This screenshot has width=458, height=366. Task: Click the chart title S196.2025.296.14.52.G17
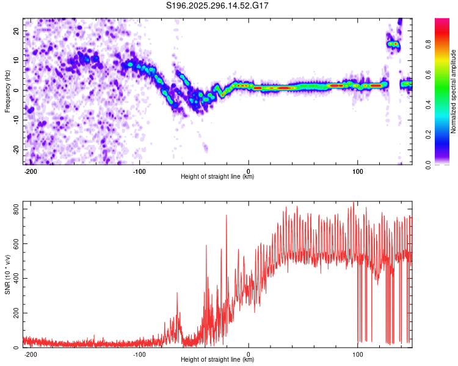click(218, 5)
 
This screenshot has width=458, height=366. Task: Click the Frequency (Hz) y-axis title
click(7, 91)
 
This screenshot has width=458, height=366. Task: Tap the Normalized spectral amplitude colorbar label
click(454, 91)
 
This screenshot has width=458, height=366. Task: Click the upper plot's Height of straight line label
click(217, 177)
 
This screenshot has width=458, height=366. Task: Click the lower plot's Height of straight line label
click(217, 360)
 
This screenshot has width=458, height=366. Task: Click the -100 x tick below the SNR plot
click(139, 354)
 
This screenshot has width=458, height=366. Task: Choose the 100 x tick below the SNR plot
click(358, 354)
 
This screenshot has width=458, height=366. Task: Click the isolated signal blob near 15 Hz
click(393, 44)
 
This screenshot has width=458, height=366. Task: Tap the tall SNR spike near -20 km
click(226, 215)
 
